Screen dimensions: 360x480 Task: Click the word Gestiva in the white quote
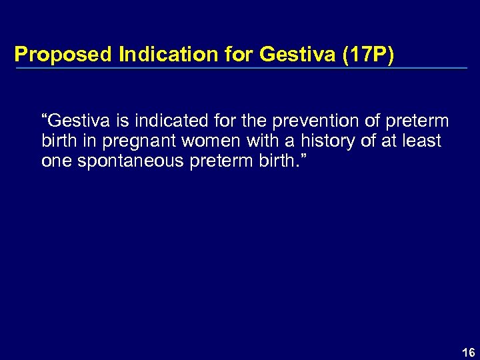tap(73, 121)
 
